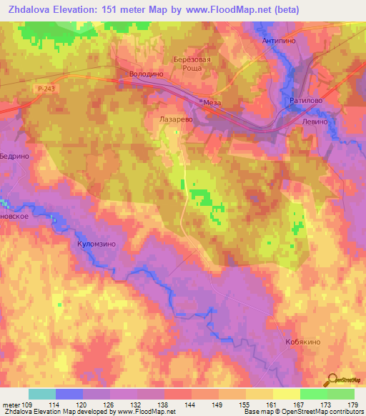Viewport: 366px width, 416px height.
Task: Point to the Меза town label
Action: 212,103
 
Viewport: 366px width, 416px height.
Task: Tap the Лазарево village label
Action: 176,122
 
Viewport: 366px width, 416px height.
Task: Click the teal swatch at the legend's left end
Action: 41,394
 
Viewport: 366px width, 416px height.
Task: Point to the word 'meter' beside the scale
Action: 11,405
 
